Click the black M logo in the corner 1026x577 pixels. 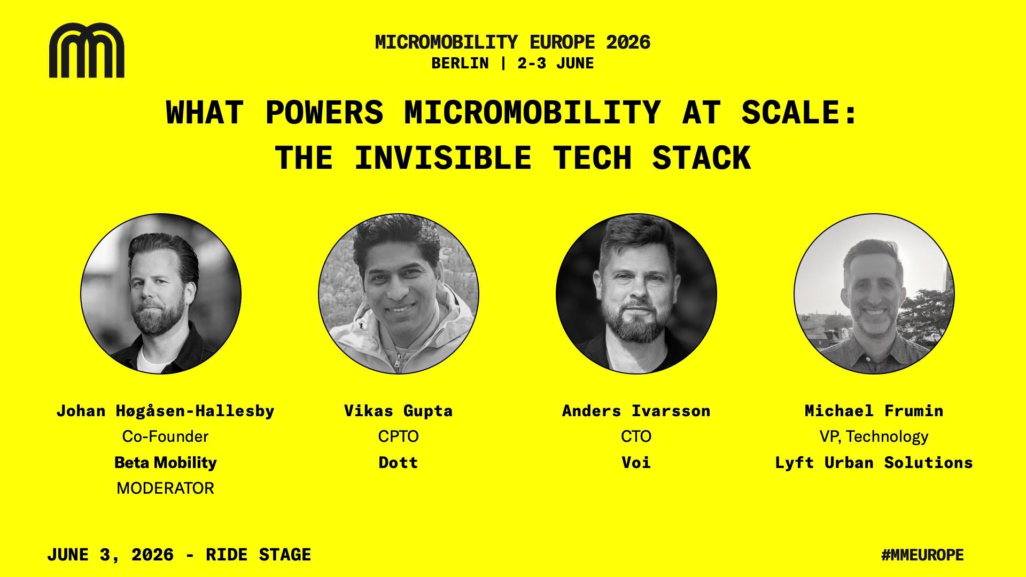coord(87,50)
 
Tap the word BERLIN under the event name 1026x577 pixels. coord(460,64)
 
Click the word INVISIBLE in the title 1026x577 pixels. coord(442,158)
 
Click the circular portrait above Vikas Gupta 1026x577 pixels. coord(399,294)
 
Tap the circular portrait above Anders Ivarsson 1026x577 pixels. coord(636,294)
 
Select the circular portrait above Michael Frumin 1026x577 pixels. coord(874,294)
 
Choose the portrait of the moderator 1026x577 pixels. coord(161,294)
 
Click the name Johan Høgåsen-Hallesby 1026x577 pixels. coord(165,411)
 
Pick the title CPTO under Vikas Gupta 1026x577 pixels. coord(399,436)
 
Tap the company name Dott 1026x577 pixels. coord(399,462)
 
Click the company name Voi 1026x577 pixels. coord(636,462)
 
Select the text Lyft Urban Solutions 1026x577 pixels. coord(874,463)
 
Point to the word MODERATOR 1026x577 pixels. coord(165,488)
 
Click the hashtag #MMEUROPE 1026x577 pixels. coord(922,555)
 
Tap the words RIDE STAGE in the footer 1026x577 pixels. coord(259,555)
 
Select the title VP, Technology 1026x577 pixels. coord(874,437)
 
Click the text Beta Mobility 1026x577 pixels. coord(165,463)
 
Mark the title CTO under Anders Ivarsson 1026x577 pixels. coord(636,436)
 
